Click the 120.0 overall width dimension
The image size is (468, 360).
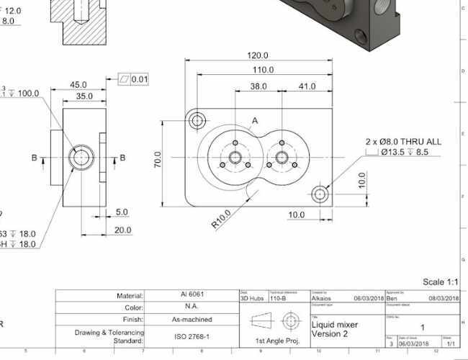(258, 55)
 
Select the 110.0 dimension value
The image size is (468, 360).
(262, 70)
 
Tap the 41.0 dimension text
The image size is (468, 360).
(307, 86)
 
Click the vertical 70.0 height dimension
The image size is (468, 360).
(158, 159)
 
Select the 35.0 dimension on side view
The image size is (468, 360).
(84, 96)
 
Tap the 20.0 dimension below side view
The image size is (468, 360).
(122, 230)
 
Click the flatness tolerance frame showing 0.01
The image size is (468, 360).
(132, 78)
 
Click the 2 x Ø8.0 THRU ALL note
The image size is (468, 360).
(404, 142)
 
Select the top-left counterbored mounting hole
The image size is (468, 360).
(197, 120)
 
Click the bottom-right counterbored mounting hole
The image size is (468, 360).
(320, 194)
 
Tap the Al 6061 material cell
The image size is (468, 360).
(190, 295)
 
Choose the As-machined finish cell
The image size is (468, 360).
(190, 319)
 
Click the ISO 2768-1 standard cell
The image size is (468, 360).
(190, 336)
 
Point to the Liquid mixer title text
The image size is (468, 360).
(336, 325)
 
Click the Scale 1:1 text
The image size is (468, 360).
(441, 282)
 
